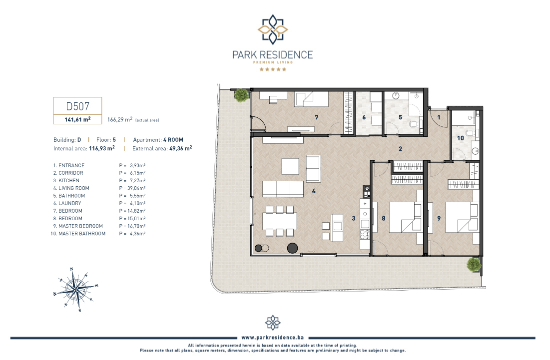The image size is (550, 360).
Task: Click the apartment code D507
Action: pos(77,106)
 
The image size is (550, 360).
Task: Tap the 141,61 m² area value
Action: pos(77,119)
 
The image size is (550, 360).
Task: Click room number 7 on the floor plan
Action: pos(317,117)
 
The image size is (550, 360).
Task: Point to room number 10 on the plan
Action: pos(460,138)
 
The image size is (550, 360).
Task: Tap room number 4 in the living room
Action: pos(314,191)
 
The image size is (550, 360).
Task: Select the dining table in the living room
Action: pos(280,221)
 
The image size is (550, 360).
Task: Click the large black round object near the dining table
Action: pos(292,248)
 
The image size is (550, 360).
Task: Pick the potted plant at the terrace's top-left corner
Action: pos(241,95)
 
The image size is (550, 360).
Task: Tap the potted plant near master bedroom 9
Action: pos(473,264)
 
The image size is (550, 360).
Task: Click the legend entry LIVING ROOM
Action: pos(73,188)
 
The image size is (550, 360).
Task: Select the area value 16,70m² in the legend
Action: pos(136,226)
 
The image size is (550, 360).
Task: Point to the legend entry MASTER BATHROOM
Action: pos(82,234)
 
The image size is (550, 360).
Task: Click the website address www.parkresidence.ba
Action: pos(273,338)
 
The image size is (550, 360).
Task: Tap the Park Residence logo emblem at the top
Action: pos(273,29)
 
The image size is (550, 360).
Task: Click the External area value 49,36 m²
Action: pos(180,148)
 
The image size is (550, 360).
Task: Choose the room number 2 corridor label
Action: pos(400,149)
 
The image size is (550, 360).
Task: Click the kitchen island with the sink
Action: pos(337,228)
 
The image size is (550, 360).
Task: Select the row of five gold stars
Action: pos(273,69)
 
